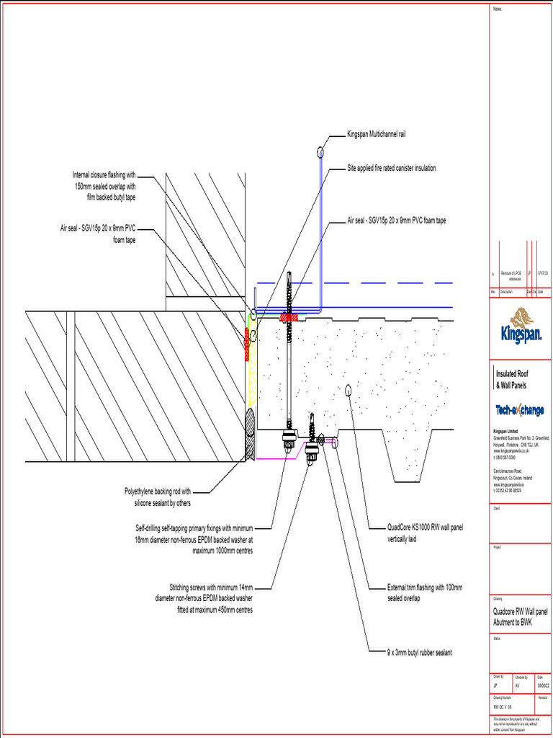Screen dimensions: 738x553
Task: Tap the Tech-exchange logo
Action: (x=519, y=410)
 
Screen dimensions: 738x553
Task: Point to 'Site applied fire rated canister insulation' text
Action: (x=392, y=168)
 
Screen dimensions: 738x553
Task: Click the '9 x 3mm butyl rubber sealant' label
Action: (x=419, y=652)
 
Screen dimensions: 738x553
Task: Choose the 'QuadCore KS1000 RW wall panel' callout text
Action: (x=425, y=533)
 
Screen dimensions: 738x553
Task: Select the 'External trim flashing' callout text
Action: (x=425, y=592)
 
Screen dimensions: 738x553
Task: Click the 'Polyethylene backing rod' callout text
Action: (x=158, y=497)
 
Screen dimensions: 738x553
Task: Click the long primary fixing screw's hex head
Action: (x=288, y=436)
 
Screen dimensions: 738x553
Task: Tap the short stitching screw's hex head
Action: (x=313, y=453)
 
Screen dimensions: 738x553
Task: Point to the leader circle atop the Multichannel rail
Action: (x=319, y=151)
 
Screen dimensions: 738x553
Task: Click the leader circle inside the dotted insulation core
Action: (x=348, y=390)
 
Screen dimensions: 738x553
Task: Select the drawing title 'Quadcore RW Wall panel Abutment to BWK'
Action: (x=519, y=615)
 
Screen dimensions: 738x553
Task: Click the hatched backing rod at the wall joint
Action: (x=250, y=434)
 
